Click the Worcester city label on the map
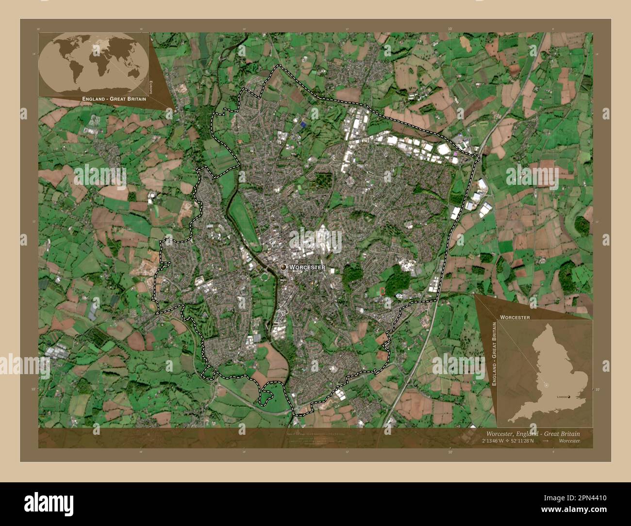click(307, 267)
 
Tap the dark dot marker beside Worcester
click(283, 267)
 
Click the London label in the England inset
click(562, 397)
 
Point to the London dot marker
click(570, 397)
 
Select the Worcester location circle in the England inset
click(546, 385)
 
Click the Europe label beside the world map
click(151, 87)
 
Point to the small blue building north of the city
click(304, 125)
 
